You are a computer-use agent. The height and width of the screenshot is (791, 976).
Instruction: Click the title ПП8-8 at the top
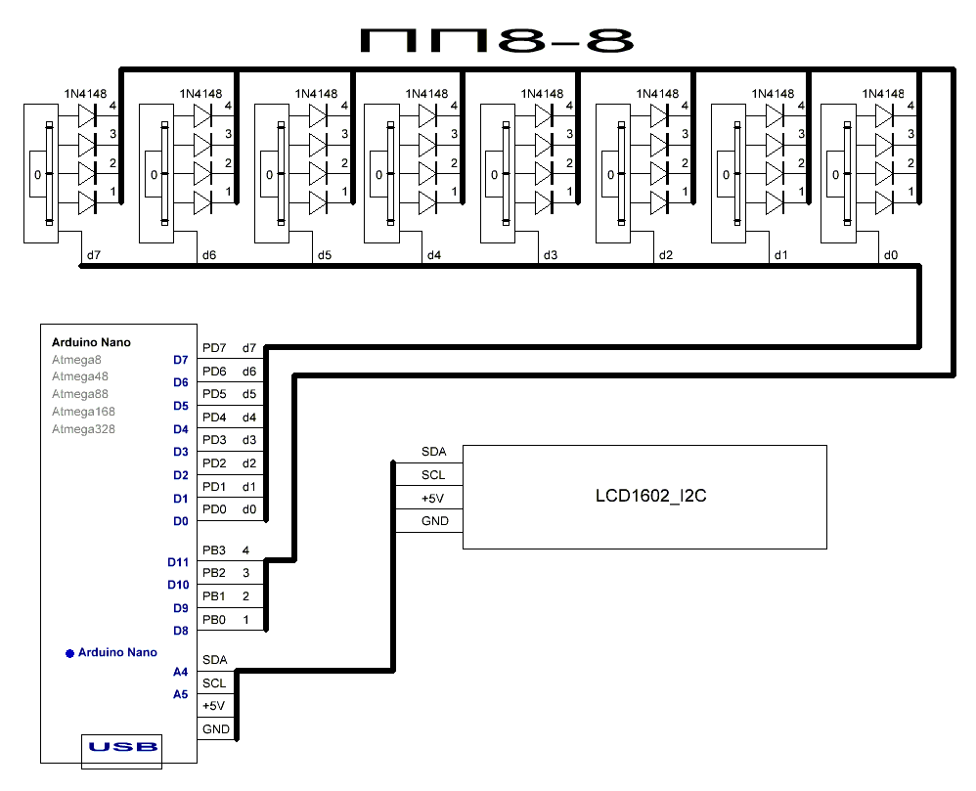click(498, 40)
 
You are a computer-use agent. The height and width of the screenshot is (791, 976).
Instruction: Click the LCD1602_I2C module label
click(650, 496)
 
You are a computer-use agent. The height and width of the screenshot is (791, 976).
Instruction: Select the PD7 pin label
click(214, 348)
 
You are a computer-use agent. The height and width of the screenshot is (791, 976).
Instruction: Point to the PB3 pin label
click(214, 551)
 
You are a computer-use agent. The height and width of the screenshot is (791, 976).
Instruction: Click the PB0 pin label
click(214, 620)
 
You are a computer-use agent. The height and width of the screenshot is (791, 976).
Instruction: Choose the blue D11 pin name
click(178, 562)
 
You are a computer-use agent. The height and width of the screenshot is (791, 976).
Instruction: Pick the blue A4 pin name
click(180, 672)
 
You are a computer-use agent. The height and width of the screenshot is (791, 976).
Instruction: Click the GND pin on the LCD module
click(434, 521)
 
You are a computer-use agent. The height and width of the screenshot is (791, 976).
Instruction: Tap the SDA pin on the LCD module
click(434, 452)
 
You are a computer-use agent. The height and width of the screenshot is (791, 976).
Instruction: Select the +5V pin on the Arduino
click(213, 706)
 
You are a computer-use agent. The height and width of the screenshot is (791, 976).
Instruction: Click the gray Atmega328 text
click(83, 429)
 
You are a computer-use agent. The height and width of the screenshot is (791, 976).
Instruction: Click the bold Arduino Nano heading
click(91, 342)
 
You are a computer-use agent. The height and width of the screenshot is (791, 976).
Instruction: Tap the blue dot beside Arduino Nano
click(69, 652)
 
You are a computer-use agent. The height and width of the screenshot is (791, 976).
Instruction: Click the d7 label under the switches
click(93, 255)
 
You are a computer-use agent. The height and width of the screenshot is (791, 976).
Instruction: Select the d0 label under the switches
click(890, 255)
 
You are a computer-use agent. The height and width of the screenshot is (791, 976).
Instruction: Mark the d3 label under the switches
click(550, 255)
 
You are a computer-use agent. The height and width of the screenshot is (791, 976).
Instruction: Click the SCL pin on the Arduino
click(214, 683)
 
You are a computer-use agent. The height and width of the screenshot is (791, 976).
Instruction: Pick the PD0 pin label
click(214, 508)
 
